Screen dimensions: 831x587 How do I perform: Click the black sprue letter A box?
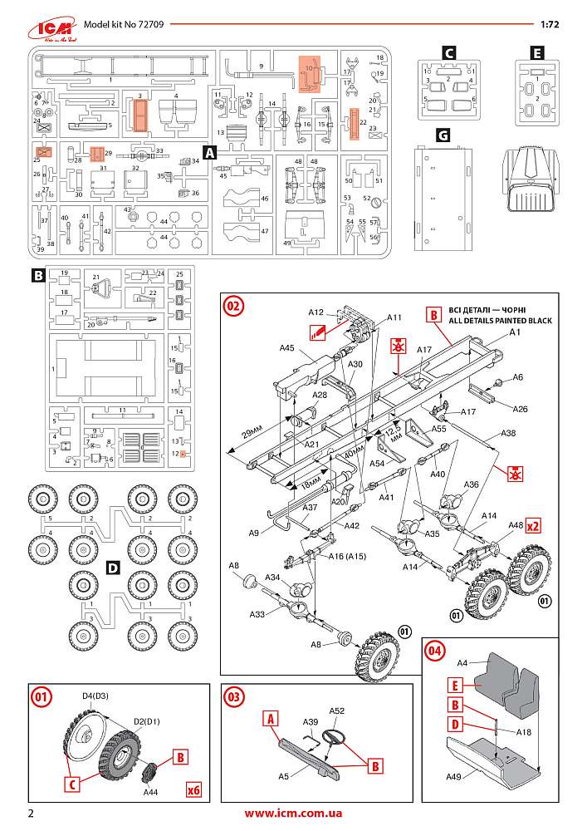coord(210,153)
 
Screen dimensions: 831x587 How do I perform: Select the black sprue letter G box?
coord(443,134)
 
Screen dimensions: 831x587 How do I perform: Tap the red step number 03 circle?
coord(234,696)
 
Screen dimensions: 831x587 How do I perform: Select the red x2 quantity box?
coord(533,526)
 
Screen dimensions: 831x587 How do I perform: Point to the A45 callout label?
coord(287,348)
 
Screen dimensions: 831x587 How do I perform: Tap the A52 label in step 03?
coord(336,711)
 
